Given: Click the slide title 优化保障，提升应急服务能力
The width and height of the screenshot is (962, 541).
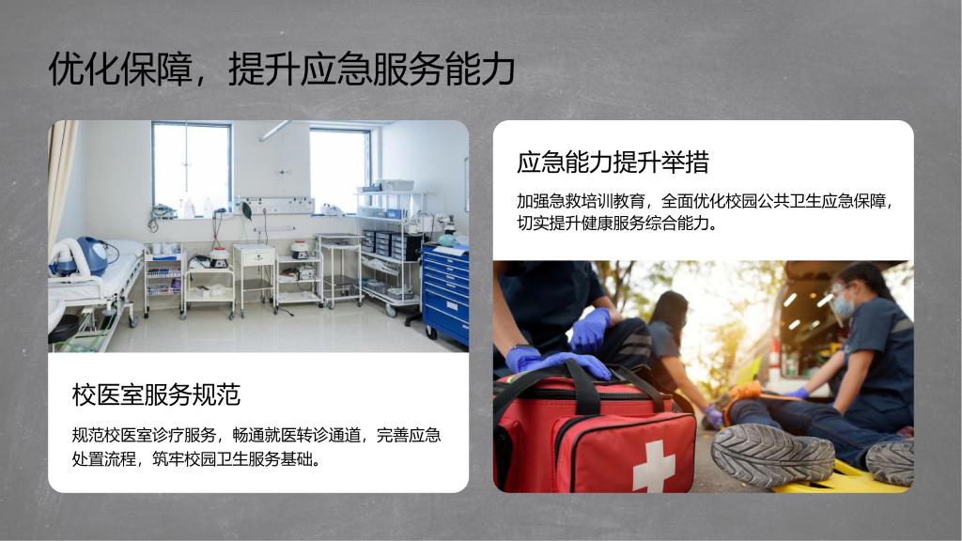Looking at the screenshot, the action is click(282, 68).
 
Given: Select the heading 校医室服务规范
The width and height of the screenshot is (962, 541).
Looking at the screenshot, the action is click(156, 394).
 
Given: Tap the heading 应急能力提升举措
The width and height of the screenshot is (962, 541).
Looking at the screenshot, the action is click(613, 162).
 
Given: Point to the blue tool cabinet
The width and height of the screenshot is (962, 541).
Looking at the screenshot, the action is click(445, 294).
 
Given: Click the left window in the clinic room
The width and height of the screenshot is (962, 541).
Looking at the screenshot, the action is click(192, 167).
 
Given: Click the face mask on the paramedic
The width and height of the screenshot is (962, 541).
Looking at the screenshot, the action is click(844, 305).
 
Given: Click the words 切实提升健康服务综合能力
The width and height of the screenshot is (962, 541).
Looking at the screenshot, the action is click(613, 224).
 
